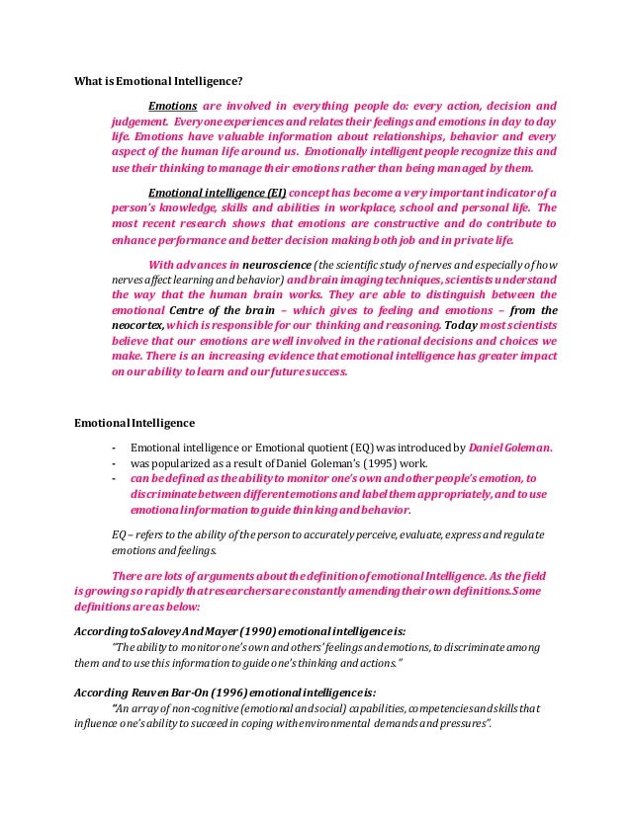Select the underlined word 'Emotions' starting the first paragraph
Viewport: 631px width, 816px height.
click(x=172, y=106)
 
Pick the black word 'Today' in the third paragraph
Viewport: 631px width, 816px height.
click(x=462, y=325)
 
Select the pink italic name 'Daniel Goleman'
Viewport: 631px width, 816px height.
click(x=510, y=447)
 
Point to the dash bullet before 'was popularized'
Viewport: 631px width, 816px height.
click(x=115, y=462)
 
